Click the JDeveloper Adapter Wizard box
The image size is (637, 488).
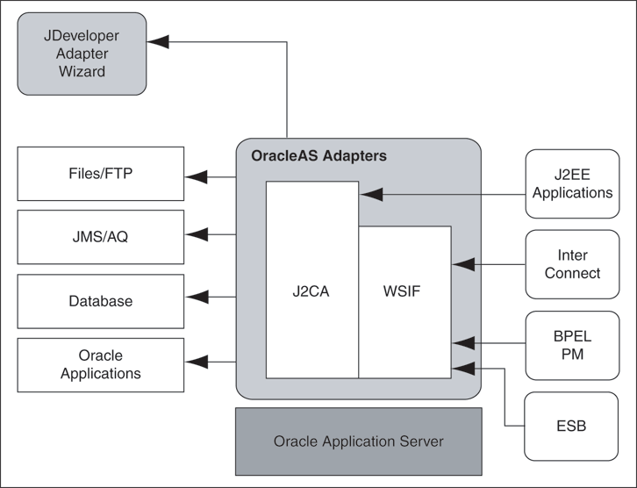tap(82, 54)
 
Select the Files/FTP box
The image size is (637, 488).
tap(101, 174)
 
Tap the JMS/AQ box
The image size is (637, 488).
tap(101, 237)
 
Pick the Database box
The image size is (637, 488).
tap(101, 301)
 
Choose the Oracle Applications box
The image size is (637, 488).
tap(101, 364)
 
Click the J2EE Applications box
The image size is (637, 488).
tap(572, 183)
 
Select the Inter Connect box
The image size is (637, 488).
tap(572, 264)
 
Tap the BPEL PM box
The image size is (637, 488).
tap(572, 343)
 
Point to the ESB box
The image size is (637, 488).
tap(572, 427)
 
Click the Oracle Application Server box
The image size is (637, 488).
tap(358, 441)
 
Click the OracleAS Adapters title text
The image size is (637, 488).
tap(318, 156)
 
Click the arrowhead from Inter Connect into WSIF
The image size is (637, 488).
tap(462, 262)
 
